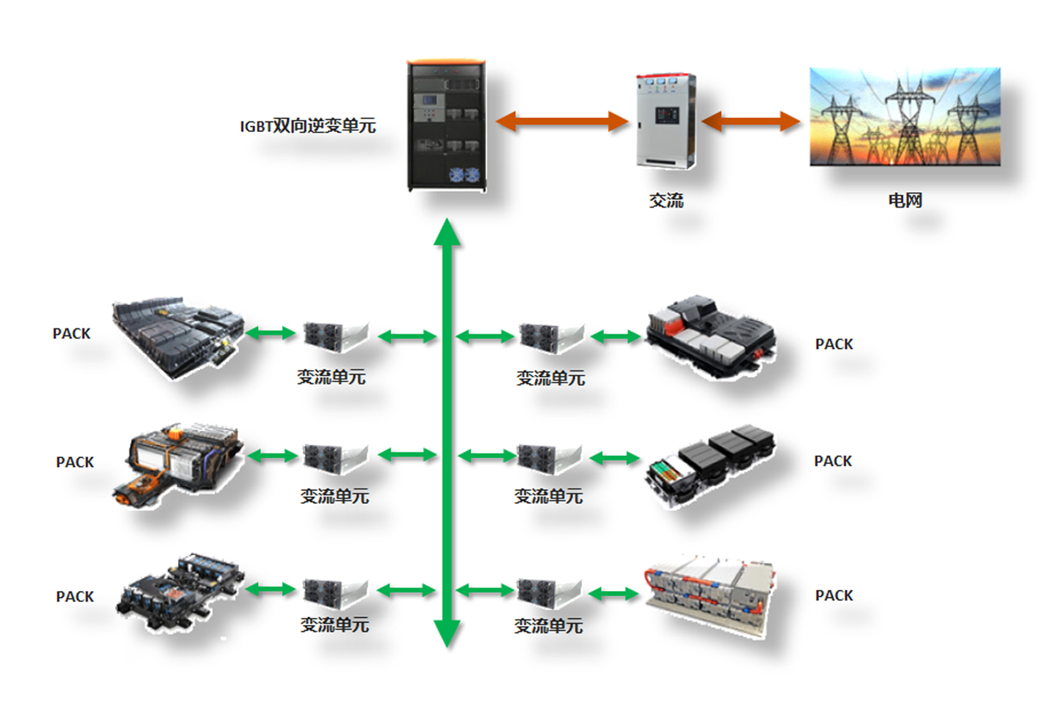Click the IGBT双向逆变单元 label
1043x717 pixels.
307,126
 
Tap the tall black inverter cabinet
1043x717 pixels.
446,126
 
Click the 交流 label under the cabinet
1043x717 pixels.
666,201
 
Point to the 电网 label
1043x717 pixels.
905,200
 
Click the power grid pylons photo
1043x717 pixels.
905,117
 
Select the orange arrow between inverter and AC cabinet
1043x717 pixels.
562,121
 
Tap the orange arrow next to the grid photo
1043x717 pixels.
751,121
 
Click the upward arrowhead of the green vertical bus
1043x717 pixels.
447,233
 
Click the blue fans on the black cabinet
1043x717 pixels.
464,175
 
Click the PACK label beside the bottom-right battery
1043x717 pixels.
834,595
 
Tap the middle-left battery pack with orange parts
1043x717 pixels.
178,463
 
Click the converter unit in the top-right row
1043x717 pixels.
551,337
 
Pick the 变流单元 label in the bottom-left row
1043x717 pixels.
334,625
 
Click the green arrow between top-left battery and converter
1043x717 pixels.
270,333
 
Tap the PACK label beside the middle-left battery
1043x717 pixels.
75,462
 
